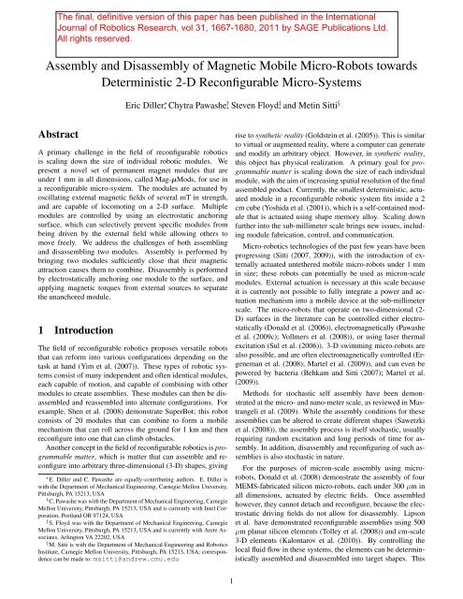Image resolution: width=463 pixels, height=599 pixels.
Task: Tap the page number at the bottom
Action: [231, 582]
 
